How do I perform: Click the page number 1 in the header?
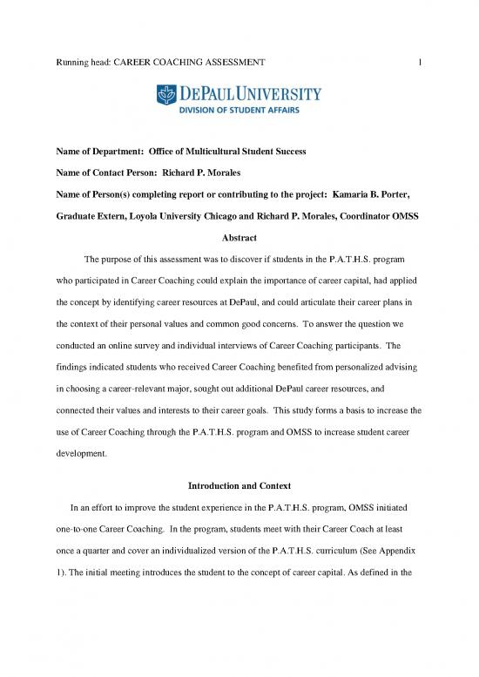(x=420, y=62)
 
